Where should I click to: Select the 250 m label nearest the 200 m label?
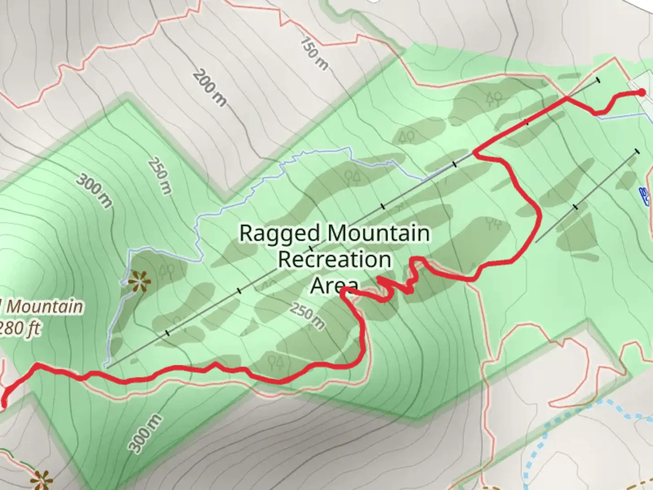[160, 176]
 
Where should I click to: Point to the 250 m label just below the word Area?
[307, 316]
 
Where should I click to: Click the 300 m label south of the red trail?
[145, 433]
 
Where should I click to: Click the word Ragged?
[279, 233]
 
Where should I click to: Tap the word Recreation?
[335, 260]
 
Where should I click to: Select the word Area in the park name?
[335, 285]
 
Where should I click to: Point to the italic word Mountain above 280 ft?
[44, 307]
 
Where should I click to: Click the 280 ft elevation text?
[19, 328]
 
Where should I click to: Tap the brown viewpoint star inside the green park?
[138, 282]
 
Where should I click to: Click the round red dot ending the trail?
[642, 93]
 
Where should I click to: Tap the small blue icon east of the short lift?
[643, 194]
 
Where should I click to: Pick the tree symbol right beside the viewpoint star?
[167, 271]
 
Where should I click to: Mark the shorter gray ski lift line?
[587, 196]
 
